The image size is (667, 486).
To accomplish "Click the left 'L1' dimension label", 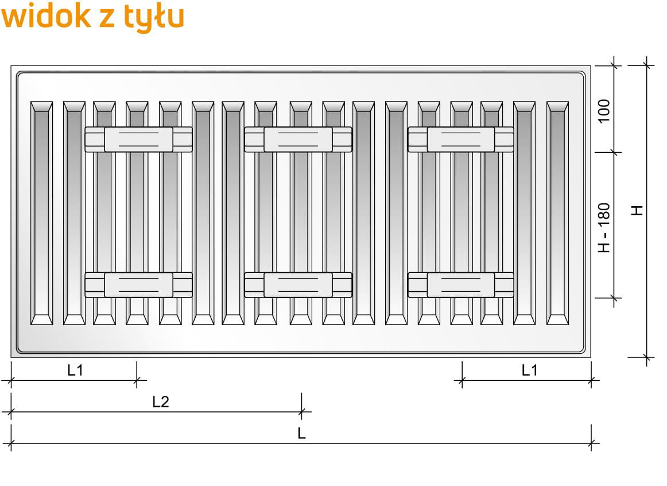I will click(x=75, y=371).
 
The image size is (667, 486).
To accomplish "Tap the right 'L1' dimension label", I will click(x=529, y=371).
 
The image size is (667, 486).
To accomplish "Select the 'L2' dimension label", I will click(x=161, y=402).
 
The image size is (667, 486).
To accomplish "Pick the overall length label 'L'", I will click(x=301, y=434).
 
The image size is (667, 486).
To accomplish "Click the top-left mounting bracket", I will click(x=138, y=139).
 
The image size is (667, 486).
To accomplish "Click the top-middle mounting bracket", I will click(x=298, y=139).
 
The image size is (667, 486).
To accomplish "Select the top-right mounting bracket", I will click(x=461, y=139).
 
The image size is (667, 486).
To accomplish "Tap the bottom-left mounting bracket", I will click(x=138, y=284).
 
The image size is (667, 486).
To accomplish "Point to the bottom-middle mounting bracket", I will click(x=298, y=284).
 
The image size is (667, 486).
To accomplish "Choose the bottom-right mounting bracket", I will click(x=461, y=284).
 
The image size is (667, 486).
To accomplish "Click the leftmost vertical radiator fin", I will click(x=41, y=213).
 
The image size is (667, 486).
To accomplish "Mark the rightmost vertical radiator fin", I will click(x=557, y=213).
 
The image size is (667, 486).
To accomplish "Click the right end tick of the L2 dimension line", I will click(x=301, y=411).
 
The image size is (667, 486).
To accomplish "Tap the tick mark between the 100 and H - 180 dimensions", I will click(x=614, y=152).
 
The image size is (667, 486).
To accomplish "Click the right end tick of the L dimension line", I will click(x=591, y=443).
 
